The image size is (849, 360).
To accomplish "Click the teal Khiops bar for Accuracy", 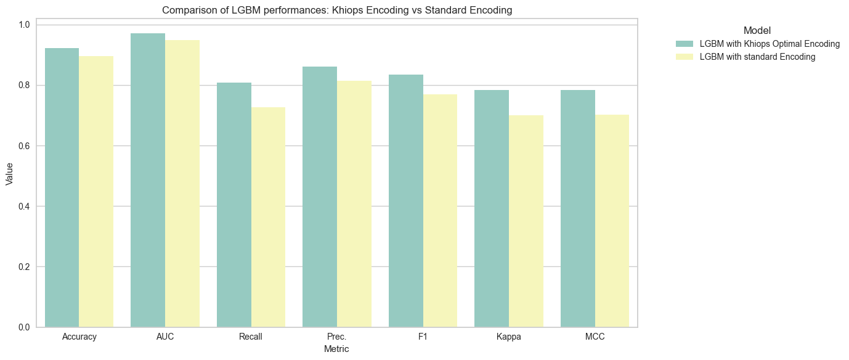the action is tap(62, 187).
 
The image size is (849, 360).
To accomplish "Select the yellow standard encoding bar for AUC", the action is tap(182, 184).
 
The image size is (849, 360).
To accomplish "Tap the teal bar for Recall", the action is tap(234, 205).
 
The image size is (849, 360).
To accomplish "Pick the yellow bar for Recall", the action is tap(269, 218).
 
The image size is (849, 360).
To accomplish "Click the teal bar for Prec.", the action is tap(320, 197).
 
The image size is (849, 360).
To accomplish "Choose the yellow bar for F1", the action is tap(440, 211).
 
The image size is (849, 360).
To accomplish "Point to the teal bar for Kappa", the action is tap(492, 208).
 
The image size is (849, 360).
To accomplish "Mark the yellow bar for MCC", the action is tap(612, 221).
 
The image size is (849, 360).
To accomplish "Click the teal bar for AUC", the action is tap(148, 180).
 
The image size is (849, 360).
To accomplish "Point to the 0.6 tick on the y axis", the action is tap(24, 146).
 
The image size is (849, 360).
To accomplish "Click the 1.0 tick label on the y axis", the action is tap(24, 25).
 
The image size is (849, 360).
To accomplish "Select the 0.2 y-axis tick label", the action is tap(24, 267).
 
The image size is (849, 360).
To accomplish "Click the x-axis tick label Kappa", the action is tap(509, 337).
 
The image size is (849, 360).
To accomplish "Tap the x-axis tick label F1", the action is tap(423, 337).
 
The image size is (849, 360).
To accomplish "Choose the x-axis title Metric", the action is tap(336, 349).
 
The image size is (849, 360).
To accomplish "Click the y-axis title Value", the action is tap(9, 174).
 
